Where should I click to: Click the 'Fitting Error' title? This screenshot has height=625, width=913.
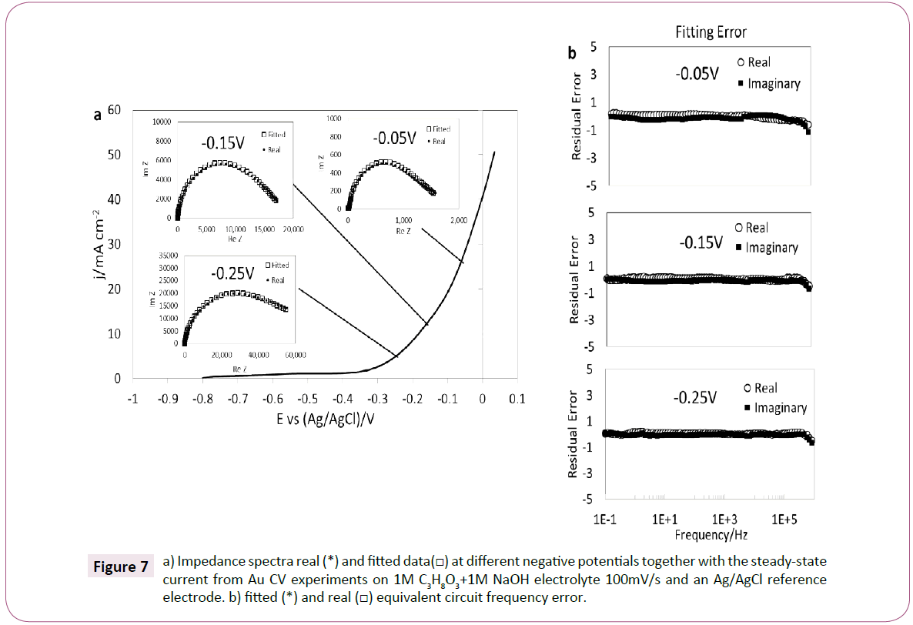[711, 32]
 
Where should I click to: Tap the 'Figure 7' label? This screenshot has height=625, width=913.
[120, 567]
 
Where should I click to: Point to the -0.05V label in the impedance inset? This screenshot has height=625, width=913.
[394, 139]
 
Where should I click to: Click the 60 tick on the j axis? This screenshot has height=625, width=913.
[115, 110]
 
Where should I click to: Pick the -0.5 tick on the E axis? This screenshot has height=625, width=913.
[306, 399]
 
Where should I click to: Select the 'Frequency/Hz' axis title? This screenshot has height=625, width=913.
[711, 533]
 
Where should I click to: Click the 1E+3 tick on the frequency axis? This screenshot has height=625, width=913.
[724, 520]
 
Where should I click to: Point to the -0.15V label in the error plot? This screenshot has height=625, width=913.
[700, 242]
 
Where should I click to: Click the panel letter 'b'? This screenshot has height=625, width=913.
[572, 53]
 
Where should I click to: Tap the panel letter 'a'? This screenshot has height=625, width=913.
[98, 115]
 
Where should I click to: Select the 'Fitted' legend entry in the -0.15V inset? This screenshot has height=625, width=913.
[274, 135]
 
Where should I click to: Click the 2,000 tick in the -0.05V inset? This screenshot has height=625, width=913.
[458, 220]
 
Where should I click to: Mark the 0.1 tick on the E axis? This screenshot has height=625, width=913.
[517, 399]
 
